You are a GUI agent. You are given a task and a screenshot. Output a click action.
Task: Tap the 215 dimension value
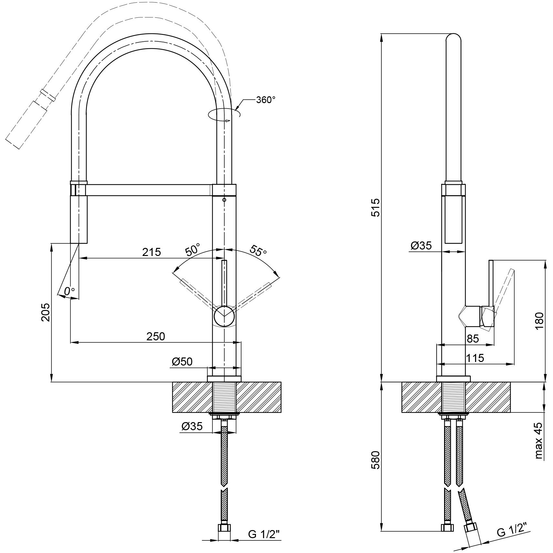coord(152,252)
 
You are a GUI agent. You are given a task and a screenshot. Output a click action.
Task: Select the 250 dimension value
coord(156,336)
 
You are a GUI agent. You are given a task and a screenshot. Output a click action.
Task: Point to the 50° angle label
coord(193,250)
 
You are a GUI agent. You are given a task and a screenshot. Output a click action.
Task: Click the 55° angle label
coord(258,250)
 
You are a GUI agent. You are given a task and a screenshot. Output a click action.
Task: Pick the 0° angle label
coord(69,291)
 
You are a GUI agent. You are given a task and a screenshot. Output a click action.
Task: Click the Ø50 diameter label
coord(182,362)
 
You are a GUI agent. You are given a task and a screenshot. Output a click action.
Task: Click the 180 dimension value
coord(539,321)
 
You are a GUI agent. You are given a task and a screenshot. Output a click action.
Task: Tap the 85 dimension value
coord(473,339)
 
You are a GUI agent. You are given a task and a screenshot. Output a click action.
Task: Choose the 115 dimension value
coord(475,358)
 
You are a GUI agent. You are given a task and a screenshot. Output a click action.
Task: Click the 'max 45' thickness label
coord(538,441)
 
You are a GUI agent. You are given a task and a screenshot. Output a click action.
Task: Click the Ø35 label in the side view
coord(421,246)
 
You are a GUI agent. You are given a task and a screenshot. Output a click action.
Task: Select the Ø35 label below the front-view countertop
coord(192,427)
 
